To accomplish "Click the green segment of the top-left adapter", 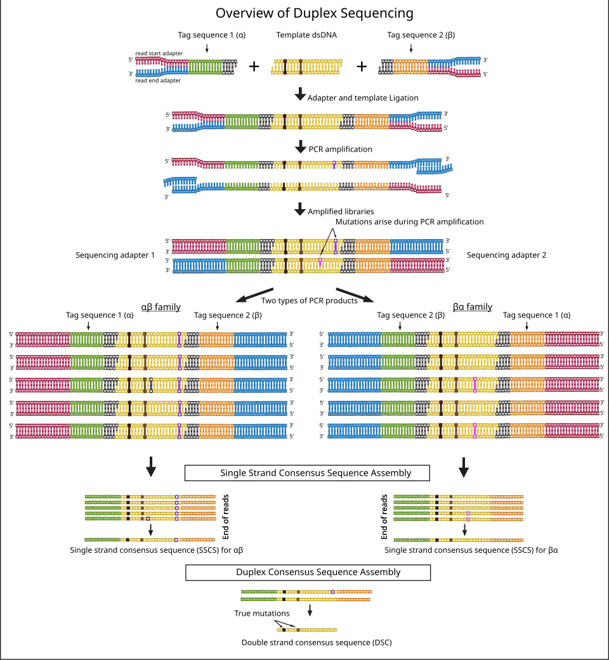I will point(205,66).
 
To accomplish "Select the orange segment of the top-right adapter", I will point(410,66).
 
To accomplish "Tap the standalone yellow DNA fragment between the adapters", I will point(308,66).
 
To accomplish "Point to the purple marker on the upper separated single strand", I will point(334,165).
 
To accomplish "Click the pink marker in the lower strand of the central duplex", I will point(320,261).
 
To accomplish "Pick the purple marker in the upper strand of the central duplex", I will point(335,247).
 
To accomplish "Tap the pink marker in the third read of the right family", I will point(475,385).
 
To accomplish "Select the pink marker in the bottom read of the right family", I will point(475,431).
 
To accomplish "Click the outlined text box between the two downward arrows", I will point(306,472).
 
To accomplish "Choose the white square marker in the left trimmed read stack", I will point(148,518).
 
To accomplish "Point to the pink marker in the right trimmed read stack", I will point(468,513).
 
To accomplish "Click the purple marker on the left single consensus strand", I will point(176,540).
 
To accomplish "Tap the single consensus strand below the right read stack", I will point(459,540).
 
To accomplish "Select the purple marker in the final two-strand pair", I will point(332,592).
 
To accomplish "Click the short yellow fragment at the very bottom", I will point(307,629).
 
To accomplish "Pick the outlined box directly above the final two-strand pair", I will point(306,573).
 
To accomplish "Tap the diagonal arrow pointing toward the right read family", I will point(355,294).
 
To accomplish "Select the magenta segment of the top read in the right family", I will point(571,339).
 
